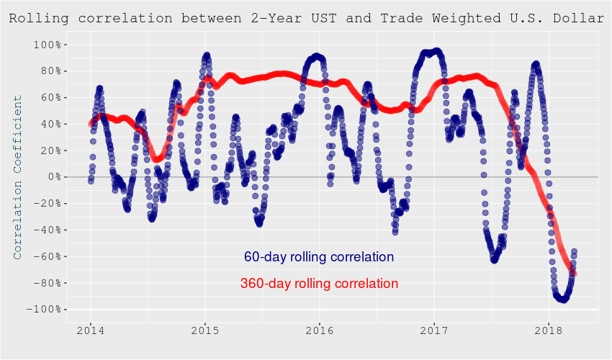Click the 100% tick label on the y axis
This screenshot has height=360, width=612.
49,45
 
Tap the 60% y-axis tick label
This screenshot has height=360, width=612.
52,98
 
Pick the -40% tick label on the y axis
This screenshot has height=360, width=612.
49,230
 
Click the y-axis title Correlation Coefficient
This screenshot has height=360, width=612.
17,177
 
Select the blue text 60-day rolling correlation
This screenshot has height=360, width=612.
319,257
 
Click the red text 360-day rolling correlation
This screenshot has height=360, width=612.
319,284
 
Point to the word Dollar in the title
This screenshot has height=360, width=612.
580,18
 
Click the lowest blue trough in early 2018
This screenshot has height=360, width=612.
562,299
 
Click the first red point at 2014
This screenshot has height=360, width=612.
91,124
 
